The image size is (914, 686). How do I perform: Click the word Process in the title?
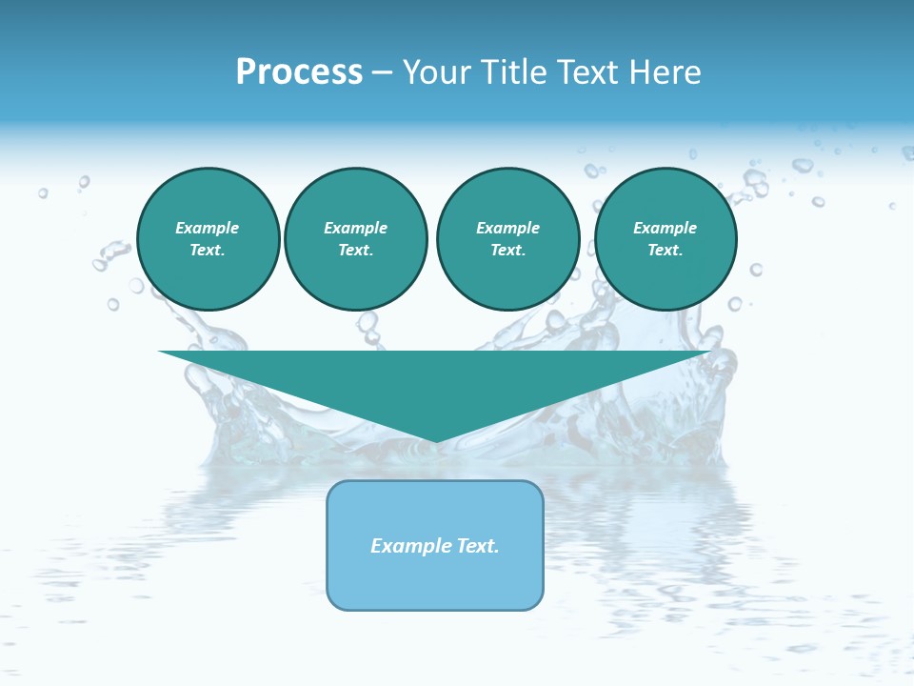coord(299,72)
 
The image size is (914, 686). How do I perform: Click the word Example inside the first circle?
coord(208,228)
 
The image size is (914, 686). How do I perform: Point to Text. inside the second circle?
coord(356,251)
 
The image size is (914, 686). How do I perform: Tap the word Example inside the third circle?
coord(507,228)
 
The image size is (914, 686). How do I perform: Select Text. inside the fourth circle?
coord(666,251)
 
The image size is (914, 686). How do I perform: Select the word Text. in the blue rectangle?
coord(478,546)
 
